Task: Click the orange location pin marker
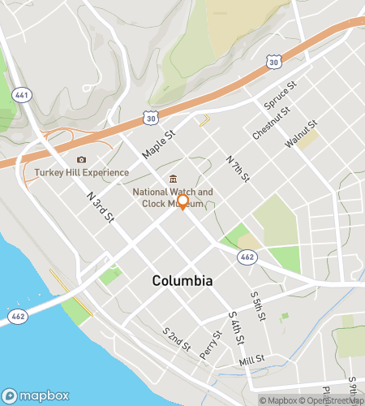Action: [x=183, y=202]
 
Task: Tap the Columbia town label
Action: [x=182, y=280]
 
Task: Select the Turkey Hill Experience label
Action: [x=81, y=173]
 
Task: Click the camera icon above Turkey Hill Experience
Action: [x=80, y=159]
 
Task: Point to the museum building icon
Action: [x=172, y=179]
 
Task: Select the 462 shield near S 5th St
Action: [x=247, y=257]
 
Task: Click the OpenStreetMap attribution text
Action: [x=333, y=400]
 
